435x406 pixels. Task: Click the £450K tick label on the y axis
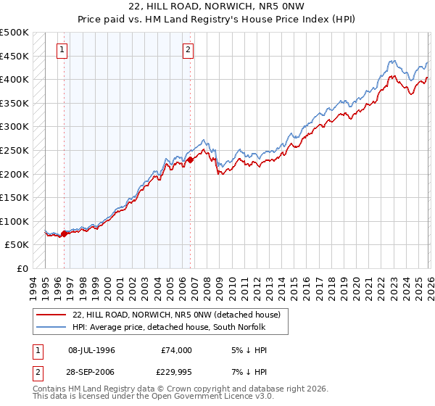[x=14, y=56]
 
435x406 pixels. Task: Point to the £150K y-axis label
[x=14, y=197]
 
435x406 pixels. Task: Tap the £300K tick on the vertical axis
[x=14, y=127]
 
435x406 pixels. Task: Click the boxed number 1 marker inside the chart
[x=62, y=50]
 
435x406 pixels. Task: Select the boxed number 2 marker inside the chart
[x=188, y=50]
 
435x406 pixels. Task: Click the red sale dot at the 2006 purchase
[x=191, y=159]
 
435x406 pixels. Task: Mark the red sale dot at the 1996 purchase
[x=64, y=233]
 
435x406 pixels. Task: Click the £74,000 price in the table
[x=176, y=350]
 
